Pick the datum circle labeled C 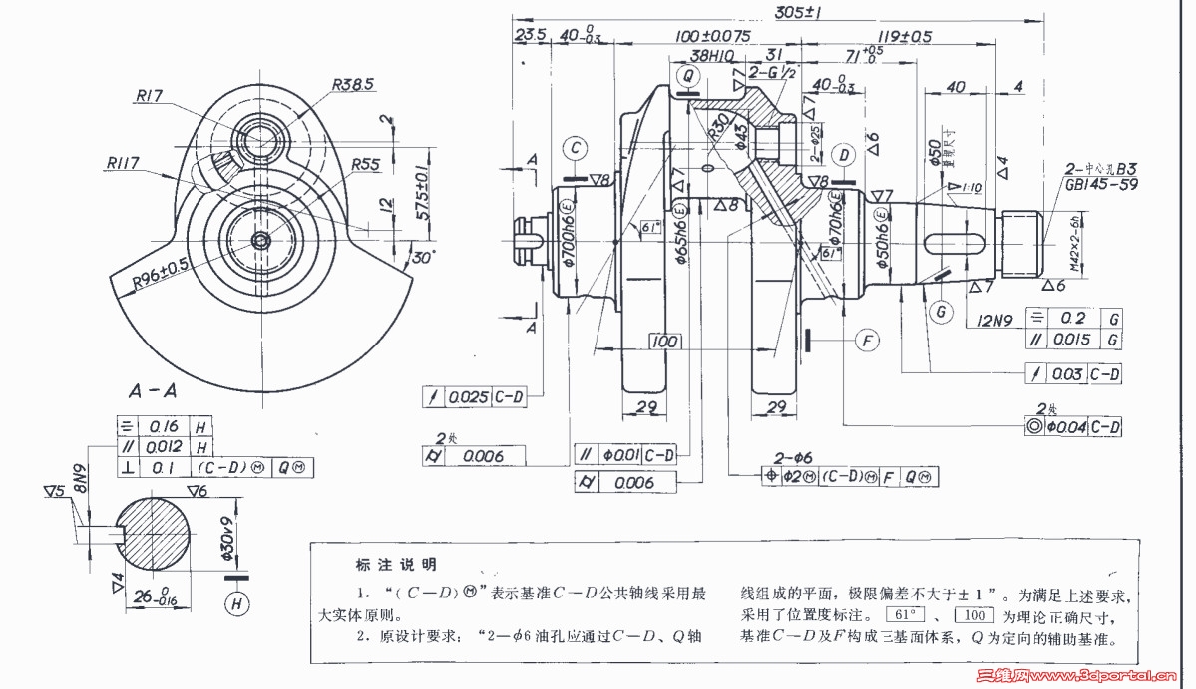(x=576, y=148)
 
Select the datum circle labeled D (x=845, y=155)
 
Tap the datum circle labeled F (x=868, y=341)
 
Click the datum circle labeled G (x=939, y=311)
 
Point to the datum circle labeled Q (x=686, y=74)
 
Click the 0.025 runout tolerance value (x=468, y=397)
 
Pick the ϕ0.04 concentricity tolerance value (x=1065, y=426)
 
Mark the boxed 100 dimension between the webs (x=664, y=341)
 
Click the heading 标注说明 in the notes (x=396, y=565)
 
